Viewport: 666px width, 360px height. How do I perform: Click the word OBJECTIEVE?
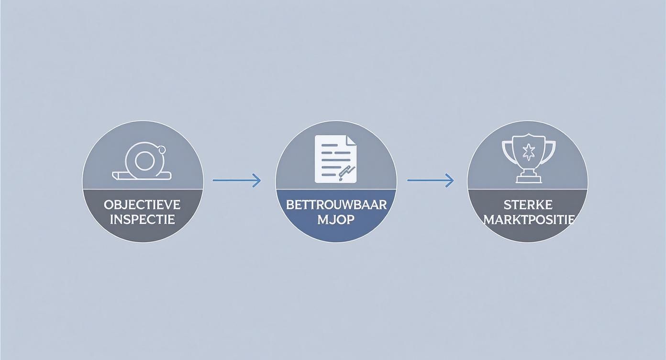coord(142,204)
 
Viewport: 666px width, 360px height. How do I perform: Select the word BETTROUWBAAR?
coord(336,204)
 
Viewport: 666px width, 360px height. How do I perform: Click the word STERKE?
coord(528,205)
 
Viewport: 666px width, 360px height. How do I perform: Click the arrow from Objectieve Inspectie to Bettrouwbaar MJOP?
coord(237,180)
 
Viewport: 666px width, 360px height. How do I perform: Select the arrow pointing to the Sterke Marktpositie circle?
coord(430,180)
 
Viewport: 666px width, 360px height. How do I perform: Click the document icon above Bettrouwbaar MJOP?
coord(335,158)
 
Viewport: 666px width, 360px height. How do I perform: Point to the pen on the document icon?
coord(346,173)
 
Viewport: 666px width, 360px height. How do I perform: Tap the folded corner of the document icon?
coord(351,141)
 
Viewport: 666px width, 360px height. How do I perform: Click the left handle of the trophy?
coord(506,149)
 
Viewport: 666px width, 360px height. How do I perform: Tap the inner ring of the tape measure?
coord(143,160)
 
